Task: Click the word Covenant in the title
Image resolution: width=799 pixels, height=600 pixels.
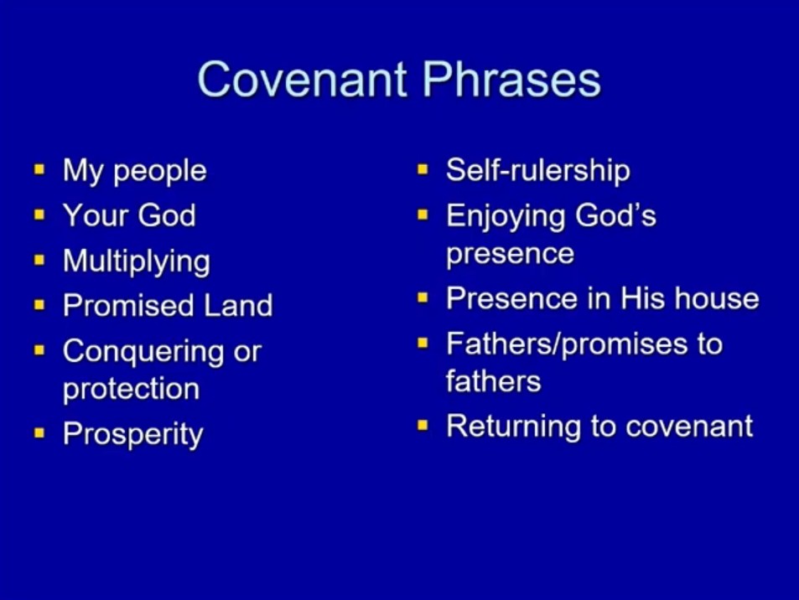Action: coord(302,79)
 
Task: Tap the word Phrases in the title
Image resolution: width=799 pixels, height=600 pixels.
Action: coord(512,79)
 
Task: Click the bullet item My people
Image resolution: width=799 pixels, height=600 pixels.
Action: coord(134,172)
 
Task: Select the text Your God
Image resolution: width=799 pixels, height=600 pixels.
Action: coord(129,215)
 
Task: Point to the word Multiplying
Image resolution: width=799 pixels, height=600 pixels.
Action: coord(137,262)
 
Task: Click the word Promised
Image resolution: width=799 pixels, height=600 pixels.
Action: coord(129,306)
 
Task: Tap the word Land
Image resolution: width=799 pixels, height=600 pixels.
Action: coord(238,306)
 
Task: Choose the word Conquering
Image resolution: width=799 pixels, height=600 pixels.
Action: coord(143,352)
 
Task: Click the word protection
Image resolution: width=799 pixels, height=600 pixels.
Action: coord(131,389)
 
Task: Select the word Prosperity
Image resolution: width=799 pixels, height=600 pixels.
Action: coord(133,435)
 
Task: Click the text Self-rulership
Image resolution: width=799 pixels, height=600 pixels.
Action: coord(538,169)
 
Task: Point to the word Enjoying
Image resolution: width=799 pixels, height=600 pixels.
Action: coord(506,216)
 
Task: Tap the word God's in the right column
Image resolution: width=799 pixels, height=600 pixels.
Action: coord(615,215)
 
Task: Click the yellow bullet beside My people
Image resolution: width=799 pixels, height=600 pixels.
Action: coord(39,169)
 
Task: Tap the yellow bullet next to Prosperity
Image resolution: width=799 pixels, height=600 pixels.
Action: coord(39,433)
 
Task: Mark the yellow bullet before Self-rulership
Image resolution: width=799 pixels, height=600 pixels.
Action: coord(423,169)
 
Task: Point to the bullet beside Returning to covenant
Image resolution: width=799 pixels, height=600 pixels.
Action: coord(423,425)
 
